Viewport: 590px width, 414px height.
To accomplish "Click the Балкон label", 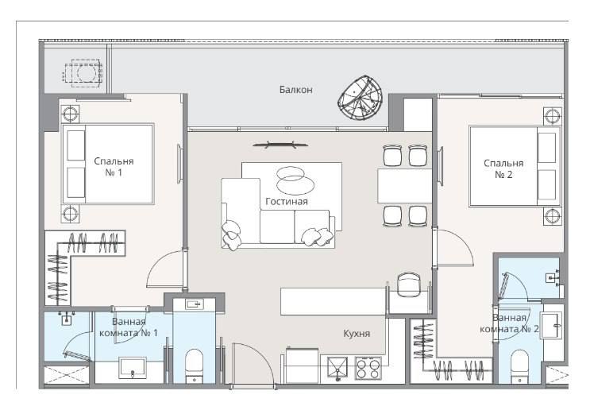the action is (x=295, y=90).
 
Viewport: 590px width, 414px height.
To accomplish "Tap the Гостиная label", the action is (x=287, y=202).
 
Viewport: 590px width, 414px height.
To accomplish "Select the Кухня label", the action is (x=357, y=334).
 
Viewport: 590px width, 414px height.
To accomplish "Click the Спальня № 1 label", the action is (x=114, y=167).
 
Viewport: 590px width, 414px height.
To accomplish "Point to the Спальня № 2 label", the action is (x=503, y=168).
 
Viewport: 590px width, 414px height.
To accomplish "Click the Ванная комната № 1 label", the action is (x=129, y=327).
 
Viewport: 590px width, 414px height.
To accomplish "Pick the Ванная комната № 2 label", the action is (x=509, y=323).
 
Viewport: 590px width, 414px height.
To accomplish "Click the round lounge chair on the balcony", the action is (x=361, y=98).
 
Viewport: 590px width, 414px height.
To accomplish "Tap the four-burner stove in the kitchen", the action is (x=368, y=368).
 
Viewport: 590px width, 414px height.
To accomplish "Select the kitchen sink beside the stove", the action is (x=338, y=369).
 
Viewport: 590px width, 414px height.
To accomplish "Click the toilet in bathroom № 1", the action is (x=195, y=366).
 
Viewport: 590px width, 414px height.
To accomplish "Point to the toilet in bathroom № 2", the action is (x=519, y=366).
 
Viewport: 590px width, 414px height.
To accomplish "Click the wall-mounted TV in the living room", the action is (x=280, y=145).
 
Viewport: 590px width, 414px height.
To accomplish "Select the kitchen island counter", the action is (x=333, y=301).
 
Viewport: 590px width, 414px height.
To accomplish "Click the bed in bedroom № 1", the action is (x=108, y=164).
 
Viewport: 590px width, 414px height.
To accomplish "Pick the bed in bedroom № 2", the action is (x=515, y=167).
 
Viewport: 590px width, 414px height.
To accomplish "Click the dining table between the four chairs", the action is (x=405, y=186).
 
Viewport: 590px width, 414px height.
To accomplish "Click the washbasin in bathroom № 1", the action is (x=132, y=368).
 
